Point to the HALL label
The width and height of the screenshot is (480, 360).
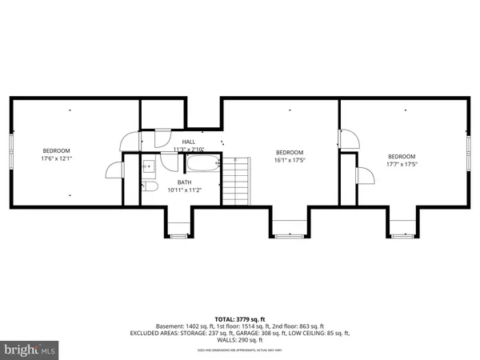(x=189, y=142)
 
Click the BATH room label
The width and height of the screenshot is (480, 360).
(x=184, y=182)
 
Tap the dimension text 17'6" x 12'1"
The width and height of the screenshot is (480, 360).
(x=57, y=158)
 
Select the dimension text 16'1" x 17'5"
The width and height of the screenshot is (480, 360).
(x=290, y=160)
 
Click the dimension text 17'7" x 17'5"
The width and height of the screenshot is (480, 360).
(x=402, y=164)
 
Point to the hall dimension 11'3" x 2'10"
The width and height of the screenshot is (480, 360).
(x=189, y=150)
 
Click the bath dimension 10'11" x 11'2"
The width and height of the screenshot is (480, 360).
(x=184, y=190)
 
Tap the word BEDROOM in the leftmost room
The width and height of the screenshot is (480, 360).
(x=57, y=150)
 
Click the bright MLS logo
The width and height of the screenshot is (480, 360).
(x=30, y=350)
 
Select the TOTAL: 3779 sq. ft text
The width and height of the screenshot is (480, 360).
(x=240, y=318)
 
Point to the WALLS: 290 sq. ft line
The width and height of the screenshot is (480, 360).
(x=240, y=341)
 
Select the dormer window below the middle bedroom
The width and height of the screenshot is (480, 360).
(x=285, y=235)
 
